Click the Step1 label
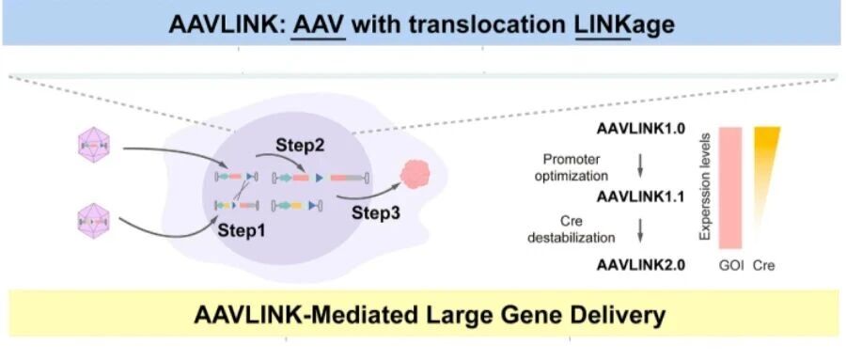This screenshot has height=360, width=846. click(242, 229)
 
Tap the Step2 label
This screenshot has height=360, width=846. click(300, 145)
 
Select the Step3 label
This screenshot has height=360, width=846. click(376, 212)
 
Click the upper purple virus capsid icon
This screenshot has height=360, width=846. click(94, 146)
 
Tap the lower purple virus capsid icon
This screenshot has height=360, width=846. click(94, 221)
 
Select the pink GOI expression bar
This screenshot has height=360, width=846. click(730, 188)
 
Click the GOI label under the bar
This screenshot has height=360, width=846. click(731, 266)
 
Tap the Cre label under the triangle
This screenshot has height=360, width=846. click(763, 266)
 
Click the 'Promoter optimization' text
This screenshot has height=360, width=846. click(572, 168)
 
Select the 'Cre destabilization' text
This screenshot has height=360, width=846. click(571, 229)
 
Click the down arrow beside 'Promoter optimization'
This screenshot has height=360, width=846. click(640, 166)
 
